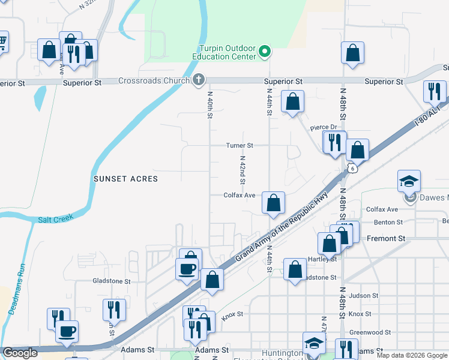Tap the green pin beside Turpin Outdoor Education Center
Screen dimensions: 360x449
pos(265,52)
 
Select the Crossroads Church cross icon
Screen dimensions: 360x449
pos(199,80)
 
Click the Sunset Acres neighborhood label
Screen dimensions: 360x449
pos(125,179)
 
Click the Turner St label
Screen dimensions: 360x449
pos(240,145)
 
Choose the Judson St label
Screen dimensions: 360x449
pos(363,295)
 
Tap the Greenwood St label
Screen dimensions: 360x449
pos(370,332)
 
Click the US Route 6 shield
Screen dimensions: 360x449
pos(347,169)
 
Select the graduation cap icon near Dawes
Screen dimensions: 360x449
pos(409,181)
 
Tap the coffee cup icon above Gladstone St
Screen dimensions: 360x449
pos(187,268)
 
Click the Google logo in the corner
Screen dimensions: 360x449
pos(20,353)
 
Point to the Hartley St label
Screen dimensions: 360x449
pos(322,259)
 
